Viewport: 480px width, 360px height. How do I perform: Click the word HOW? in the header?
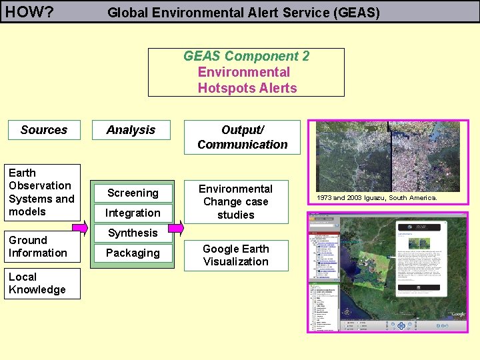click(29, 11)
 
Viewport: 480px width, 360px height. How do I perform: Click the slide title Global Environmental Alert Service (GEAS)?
click(243, 12)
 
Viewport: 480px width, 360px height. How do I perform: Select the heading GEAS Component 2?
click(246, 57)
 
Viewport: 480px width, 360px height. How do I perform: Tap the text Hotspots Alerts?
click(247, 88)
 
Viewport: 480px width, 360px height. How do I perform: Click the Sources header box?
click(44, 130)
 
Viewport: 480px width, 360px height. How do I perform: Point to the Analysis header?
click(131, 130)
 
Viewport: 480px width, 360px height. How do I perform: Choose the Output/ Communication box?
click(242, 137)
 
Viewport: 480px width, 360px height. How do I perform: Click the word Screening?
click(133, 193)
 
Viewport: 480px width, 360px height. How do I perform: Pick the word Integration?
click(133, 213)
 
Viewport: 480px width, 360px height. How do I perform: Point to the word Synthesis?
click(133, 233)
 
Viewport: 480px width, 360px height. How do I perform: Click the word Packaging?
click(133, 253)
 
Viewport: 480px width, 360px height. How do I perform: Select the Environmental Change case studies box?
click(236, 201)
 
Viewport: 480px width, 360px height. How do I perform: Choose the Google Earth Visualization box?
click(236, 255)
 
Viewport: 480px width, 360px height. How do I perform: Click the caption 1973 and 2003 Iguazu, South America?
click(377, 197)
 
